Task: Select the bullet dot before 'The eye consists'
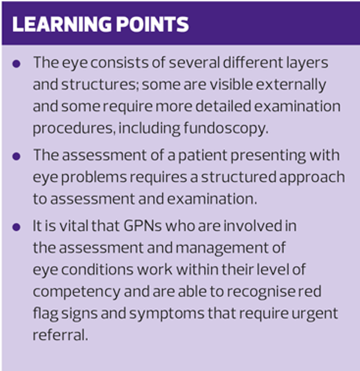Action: (x=17, y=64)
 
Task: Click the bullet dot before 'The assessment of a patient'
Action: (x=17, y=157)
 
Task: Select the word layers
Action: (x=304, y=62)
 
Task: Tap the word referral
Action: (x=60, y=335)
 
